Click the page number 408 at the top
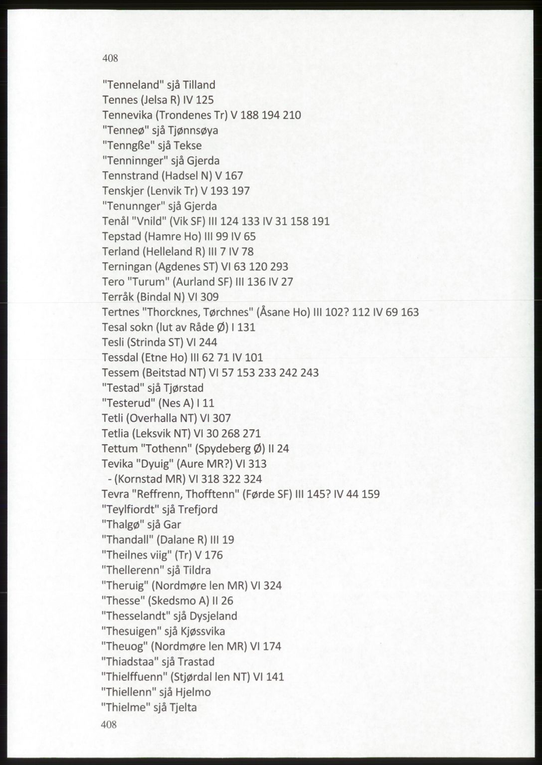[x=110, y=58]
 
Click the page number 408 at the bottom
[x=109, y=724]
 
